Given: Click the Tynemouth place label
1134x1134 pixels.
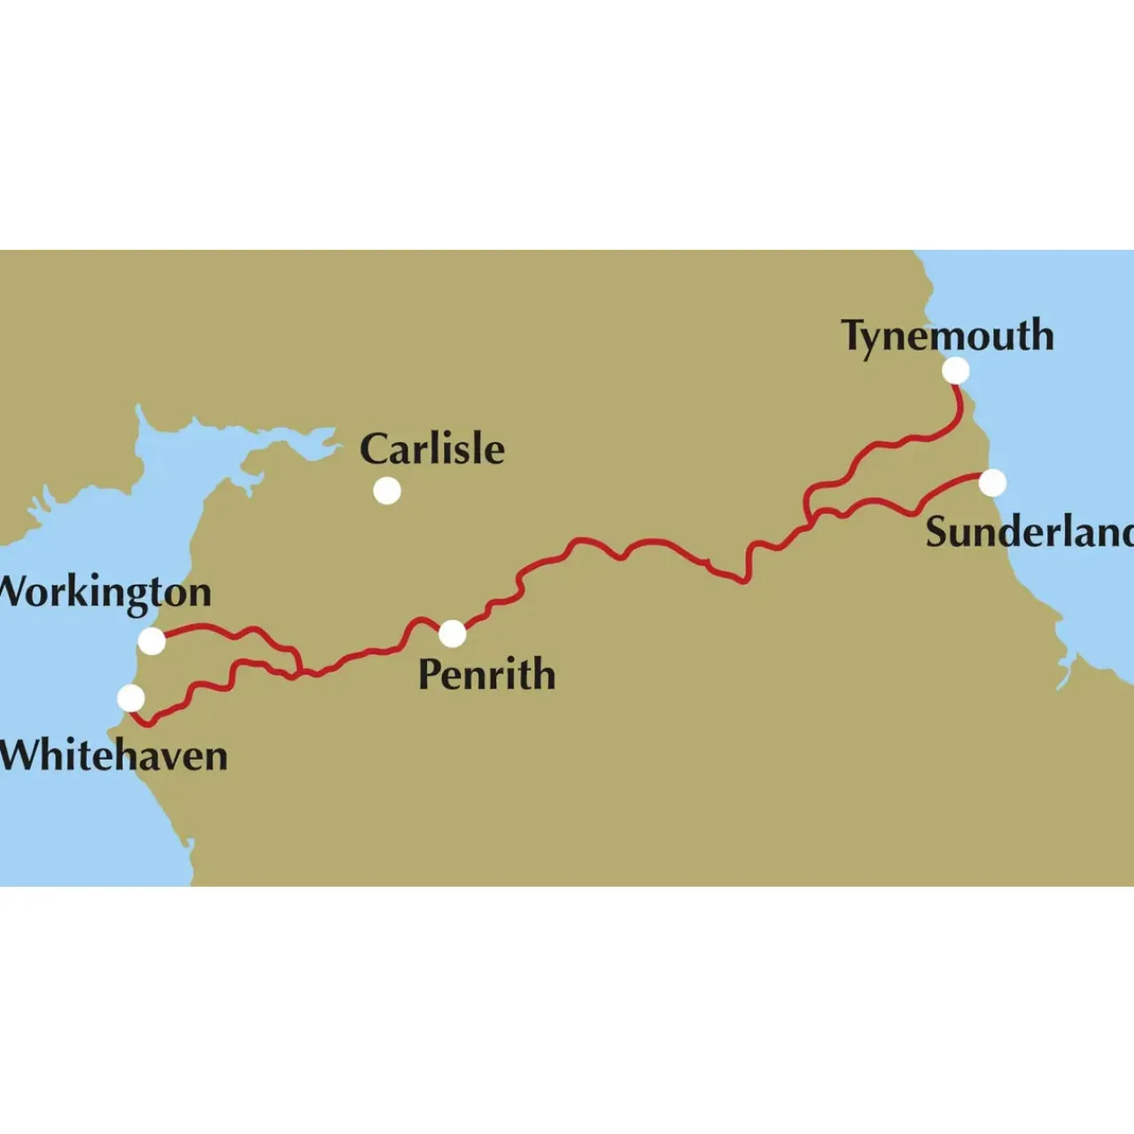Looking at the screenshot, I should point(947,337).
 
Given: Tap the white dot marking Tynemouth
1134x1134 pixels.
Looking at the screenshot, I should point(955,370).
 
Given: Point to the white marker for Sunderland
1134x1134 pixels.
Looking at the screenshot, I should point(992,483).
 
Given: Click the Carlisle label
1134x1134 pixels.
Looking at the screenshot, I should point(432,449).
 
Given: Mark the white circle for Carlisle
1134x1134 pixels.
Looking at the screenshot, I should point(386,491).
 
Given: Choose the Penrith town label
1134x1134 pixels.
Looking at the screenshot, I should point(486,674).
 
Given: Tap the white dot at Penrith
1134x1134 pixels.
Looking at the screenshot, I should point(452,633).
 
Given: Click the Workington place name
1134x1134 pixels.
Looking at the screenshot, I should point(105,592).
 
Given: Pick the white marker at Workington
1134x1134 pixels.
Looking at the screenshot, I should point(151,641).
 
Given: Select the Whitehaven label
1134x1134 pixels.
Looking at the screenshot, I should point(113,756).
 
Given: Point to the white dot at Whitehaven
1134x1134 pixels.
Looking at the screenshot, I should point(131,698).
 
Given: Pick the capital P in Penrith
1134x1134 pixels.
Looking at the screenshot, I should point(430,674).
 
